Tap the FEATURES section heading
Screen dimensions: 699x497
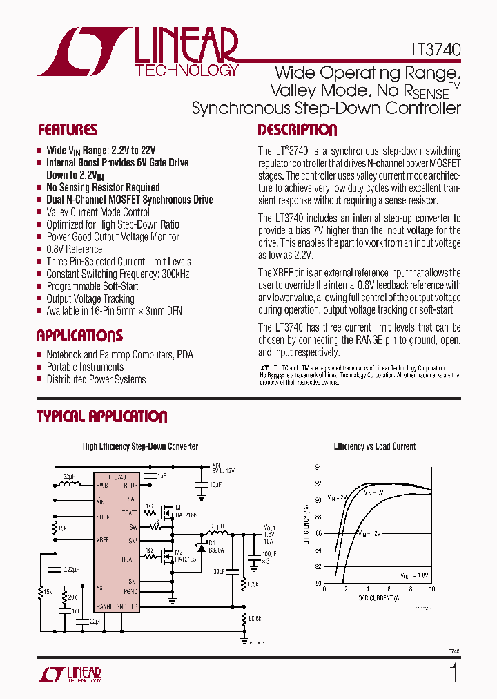point(67,130)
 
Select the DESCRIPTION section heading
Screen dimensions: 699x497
point(297,130)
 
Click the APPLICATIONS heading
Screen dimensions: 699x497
point(79,336)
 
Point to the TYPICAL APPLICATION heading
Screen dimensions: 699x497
point(101,416)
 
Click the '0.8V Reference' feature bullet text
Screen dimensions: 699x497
point(74,249)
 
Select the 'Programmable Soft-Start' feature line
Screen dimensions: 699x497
point(92,286)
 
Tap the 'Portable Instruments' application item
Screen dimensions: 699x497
point(85,367)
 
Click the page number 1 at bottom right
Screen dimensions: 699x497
point(454,672)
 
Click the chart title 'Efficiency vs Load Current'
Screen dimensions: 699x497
point(375,446)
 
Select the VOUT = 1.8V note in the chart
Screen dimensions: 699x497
point(414,574)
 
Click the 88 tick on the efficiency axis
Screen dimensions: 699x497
point(318,517)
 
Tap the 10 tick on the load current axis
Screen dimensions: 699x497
point(432,589)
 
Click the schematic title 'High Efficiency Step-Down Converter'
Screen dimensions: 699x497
point(140,446)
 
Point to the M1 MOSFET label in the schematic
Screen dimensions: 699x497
point(178,508)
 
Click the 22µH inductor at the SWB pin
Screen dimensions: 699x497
point(69,483)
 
